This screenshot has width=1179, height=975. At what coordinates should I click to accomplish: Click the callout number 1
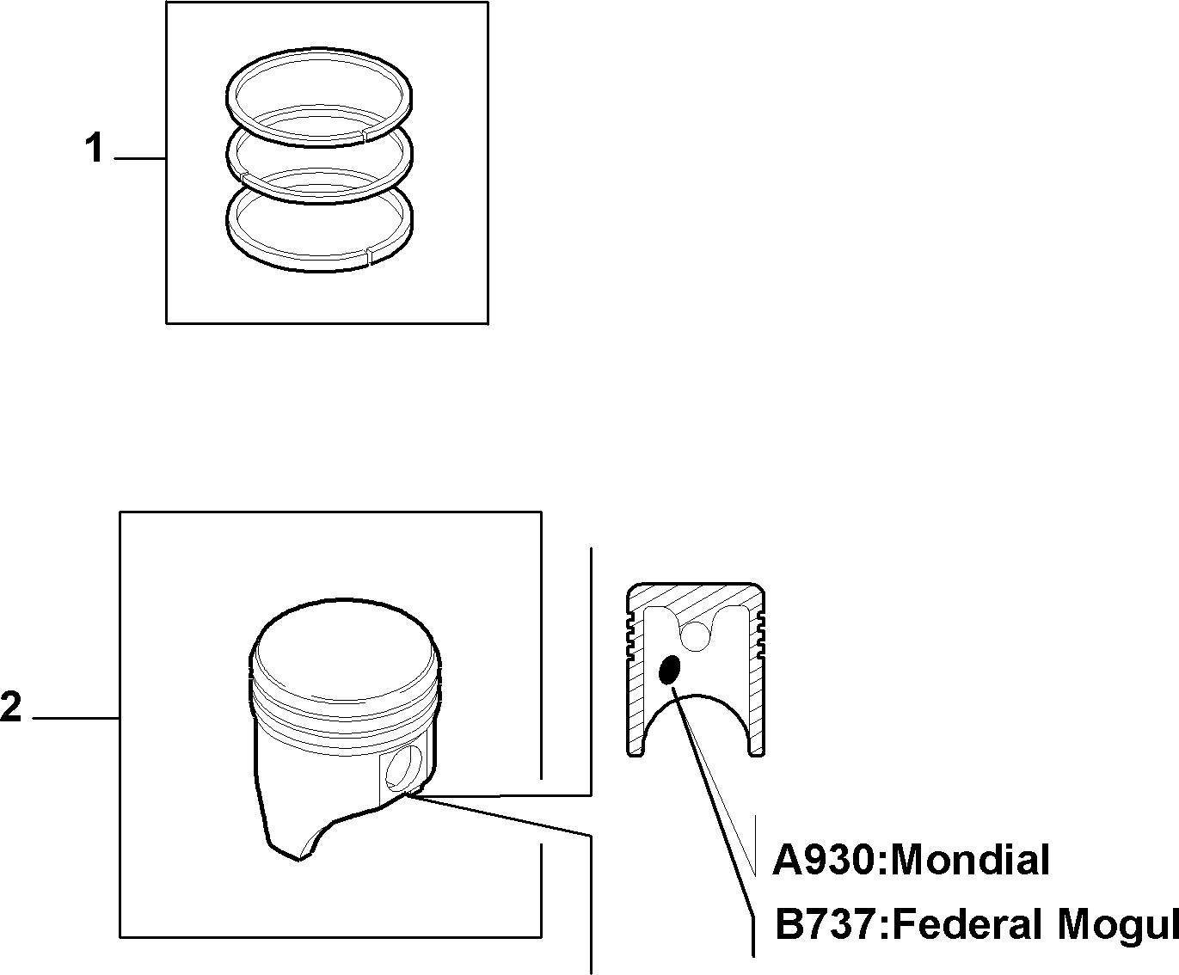coord(95,147)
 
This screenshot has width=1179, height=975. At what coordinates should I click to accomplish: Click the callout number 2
coord(10,706)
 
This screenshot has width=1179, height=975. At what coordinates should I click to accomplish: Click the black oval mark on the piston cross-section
coord(670,670)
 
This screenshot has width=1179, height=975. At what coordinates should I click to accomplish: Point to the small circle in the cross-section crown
coord(696,635)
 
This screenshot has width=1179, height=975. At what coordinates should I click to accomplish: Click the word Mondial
coord(969,860)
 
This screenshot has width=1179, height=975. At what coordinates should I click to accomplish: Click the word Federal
coord(966,923)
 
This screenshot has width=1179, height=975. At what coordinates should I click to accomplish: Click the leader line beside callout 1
coord(140,159)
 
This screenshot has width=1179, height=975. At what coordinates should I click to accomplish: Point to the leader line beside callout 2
coord(77,718)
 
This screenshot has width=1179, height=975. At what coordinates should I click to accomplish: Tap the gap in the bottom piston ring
coord(367,255)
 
